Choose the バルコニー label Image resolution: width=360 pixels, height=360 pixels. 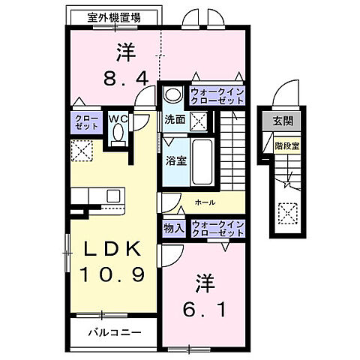pos(112,331)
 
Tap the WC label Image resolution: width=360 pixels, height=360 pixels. pos(117,118)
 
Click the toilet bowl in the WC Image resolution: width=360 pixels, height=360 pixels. pos(117,134)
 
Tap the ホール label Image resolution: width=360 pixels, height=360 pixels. pos(203,202)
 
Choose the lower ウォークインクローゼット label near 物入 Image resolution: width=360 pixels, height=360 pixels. pos(217,229)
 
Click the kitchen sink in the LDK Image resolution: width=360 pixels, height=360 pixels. pos(113,196)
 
